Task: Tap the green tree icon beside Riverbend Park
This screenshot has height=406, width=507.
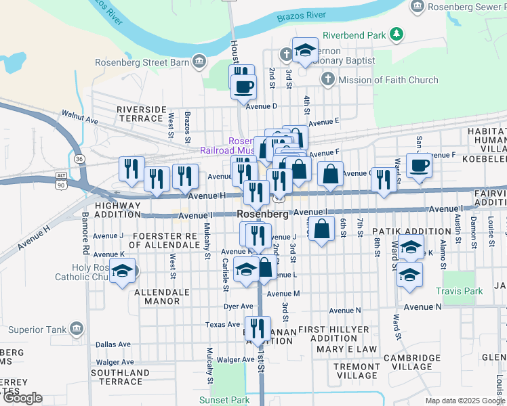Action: [x=397, y=34]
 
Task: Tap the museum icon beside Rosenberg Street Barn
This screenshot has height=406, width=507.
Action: [x=199, y=63]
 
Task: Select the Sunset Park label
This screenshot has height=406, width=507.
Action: [x=230, y=400]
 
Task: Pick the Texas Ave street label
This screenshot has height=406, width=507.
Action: [x=223, y=325]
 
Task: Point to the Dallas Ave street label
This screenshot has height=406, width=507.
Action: [x=111, y=344]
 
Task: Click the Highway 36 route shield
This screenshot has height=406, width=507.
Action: [x=80, y=158]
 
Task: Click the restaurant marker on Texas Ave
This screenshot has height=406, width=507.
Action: [x=256, y=330]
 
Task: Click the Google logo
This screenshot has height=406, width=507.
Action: [x=22, y=399]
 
